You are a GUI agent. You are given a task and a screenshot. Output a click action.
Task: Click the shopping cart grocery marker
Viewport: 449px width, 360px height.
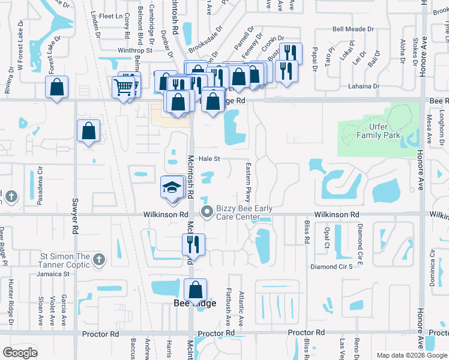click(124, 87)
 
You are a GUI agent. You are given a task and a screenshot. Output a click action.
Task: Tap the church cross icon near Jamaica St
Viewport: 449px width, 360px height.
click(100, 260)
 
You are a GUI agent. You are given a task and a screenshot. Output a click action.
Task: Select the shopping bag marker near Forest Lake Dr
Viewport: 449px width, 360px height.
click(56, 87)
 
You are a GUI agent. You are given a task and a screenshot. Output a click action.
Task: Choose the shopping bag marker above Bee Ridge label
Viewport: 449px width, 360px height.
click(196, 290)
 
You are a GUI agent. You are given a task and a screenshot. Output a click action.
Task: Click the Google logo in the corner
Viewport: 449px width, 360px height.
click(20, 352)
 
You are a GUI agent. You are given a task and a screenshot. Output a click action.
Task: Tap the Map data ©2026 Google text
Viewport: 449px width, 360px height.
click(412, 355)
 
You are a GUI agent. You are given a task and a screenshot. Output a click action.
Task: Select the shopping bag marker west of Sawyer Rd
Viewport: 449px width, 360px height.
click(88, 131)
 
